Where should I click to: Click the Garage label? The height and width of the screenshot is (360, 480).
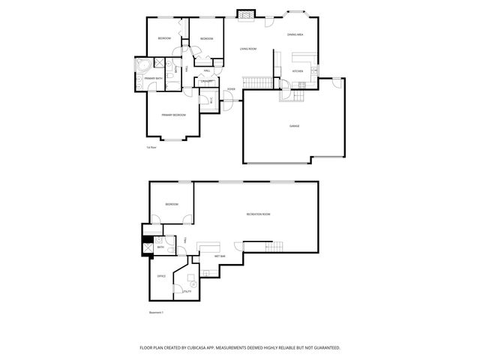pyautogui.click(x=295, y=126)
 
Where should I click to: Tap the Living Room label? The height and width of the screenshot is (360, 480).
pyautogui.click(x=248, y=49)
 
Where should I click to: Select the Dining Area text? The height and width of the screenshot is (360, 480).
pyautogui.click(x=295, y=35)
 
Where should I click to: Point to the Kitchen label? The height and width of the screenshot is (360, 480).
pyautogui.click(x=297, y=72)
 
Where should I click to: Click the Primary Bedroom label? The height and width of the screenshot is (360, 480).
pyautogui.click(x=174, y=115)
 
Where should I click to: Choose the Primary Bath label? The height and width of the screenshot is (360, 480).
pyautogui.click(x=154, y=79)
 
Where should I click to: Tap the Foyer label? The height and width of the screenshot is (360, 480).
pyautogui.click(x=232, y=88)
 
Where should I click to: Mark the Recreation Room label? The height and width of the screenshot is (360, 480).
pyautogui.click(x=258, y=214)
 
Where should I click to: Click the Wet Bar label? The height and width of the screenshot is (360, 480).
pyautogui.click(x=220, y=256)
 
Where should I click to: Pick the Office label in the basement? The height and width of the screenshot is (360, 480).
pyautogui.click(x=160, y=277)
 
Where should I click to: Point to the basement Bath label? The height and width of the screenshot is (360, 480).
pyautogui.click(x=160, y=247)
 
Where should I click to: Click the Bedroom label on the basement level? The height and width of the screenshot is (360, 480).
pyautogui.click(x=172, y=204)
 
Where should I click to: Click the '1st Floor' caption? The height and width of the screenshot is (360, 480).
pyautogui.click(x=151, y=148)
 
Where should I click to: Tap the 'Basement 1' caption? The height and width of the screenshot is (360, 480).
pyautogui.click(x=156, y=311)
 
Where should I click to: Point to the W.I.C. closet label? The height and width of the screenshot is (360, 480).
pyautogui.click(x=211, y=100)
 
